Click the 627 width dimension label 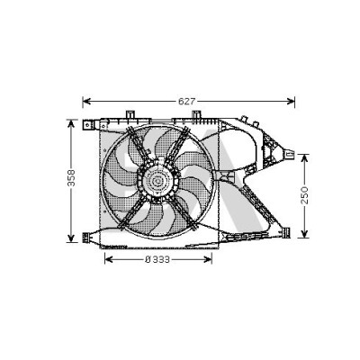[x=186, y=102]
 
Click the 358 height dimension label [x=71, y=178]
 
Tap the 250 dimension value [x=304, y=195]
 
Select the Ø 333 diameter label [x=157, y=259]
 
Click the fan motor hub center [x=157, y=181]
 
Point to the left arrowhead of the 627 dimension [x=86, y=102]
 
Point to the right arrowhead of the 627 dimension [x=291, y=102]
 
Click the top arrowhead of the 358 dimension [x=71, y=123]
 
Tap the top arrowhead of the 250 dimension [x=304, y=158]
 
